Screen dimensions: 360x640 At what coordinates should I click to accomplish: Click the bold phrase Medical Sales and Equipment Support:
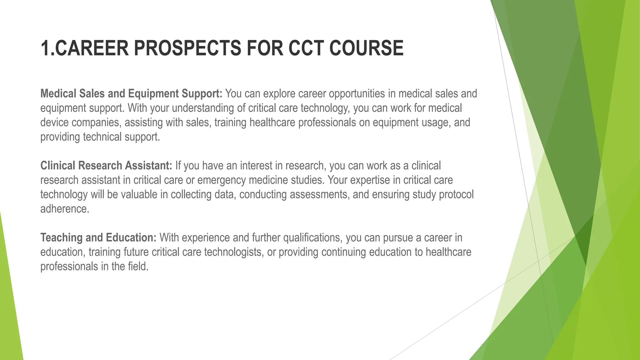[x=131, y=93]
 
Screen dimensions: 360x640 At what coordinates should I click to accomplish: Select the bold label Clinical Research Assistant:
[x=106, y=166]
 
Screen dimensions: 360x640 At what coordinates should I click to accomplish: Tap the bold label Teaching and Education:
[x=98, y=237]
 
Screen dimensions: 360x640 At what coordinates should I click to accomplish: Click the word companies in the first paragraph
[x=96, y=122]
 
